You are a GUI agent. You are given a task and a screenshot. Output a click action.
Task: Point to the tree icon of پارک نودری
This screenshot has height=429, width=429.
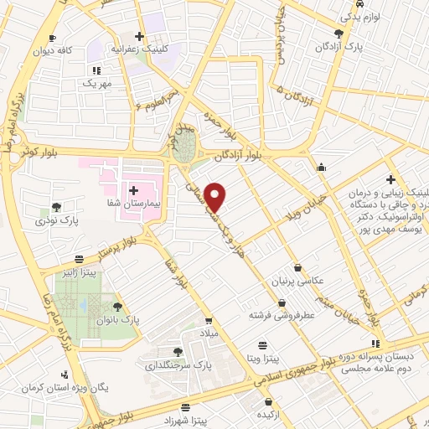pos(56,206)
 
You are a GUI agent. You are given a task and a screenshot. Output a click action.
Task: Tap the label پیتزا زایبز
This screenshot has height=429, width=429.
pos(77,272)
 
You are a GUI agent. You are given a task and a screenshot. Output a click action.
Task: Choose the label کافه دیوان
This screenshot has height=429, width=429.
pos(75,50)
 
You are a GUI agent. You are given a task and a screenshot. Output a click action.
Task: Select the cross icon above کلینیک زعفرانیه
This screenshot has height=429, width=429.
pos(139,36)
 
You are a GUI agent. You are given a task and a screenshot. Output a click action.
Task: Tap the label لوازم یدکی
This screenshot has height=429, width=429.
pos(359,17)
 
